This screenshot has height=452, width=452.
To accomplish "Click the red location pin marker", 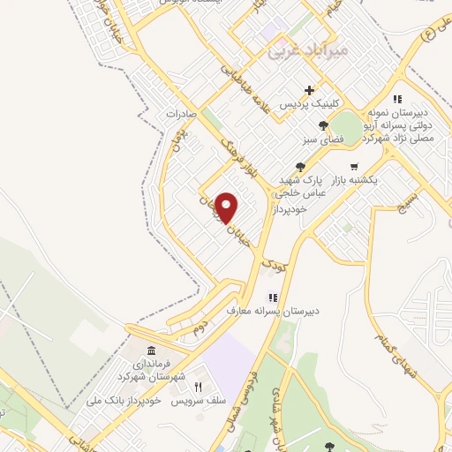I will click(x=227, y=208).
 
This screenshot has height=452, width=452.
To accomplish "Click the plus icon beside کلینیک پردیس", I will click(x=309, y=90).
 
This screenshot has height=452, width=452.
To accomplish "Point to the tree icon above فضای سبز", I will click(x=325, y=124).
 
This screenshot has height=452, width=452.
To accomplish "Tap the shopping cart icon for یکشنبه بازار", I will click(x=354, y=166).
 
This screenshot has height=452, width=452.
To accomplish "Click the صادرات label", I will click(x=178, y=115).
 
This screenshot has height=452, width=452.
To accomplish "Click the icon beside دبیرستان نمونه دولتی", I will click(x=396, y=99).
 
